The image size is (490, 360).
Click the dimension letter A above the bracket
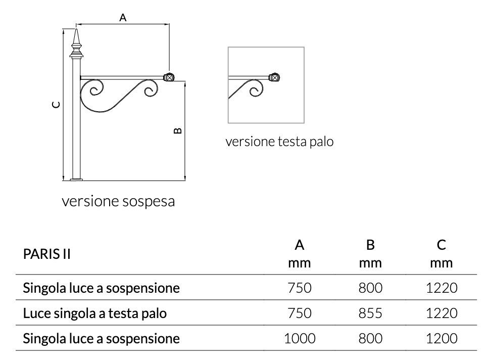point(123,18)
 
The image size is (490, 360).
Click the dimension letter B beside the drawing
point(177,131)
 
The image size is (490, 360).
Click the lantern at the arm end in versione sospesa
point(169,77)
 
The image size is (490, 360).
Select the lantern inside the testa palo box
point(274,77)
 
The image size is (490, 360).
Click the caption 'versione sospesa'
point(118,201)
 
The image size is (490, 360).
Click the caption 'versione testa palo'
point(279,142)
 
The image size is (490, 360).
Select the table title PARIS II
point(46,254)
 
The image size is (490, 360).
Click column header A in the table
point(300,245)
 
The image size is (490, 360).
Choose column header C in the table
point(442,245)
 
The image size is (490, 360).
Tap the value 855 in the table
point(370,313)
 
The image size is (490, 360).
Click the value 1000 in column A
point(300,338)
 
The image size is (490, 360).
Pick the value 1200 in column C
point(442,338)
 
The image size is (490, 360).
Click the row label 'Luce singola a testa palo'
point(95,313)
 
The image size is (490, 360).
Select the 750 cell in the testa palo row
point(300,313)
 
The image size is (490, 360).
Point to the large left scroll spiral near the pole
point(95,91)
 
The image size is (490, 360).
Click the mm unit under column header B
point(370,263)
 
